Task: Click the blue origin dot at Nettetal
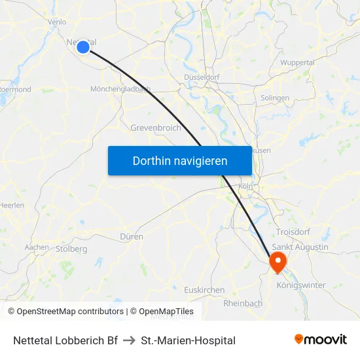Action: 82,46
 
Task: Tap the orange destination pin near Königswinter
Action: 278,262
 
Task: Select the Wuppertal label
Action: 297,62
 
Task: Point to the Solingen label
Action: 274,98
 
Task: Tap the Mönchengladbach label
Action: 120,89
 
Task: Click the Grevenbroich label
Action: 156,128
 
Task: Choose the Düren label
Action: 132,236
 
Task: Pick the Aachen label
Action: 37,247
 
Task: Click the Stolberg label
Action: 71,249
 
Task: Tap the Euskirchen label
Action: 204,290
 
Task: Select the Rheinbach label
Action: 243,303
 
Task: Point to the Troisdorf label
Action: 293,232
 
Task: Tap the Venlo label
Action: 57,22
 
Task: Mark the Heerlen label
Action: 12,205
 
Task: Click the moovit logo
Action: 320,340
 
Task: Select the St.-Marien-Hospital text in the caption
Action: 188,340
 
